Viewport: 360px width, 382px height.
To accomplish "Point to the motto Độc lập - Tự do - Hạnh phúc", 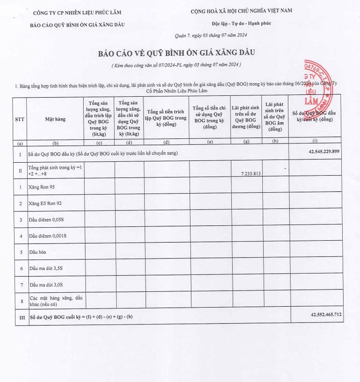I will point(241,23).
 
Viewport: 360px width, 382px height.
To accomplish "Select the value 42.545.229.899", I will point(324,151).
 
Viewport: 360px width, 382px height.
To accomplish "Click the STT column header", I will point(20,119).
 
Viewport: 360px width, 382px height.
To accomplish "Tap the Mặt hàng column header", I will point(55,119).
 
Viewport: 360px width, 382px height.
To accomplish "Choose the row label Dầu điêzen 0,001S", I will point(49,236).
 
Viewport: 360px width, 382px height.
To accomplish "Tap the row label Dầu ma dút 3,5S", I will point(46,268).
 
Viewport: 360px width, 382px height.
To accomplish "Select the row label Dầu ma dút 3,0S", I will point(46,284).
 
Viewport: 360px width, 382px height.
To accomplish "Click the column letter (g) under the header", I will point(246,142).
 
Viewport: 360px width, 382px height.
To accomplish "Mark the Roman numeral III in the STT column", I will point(20,317).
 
